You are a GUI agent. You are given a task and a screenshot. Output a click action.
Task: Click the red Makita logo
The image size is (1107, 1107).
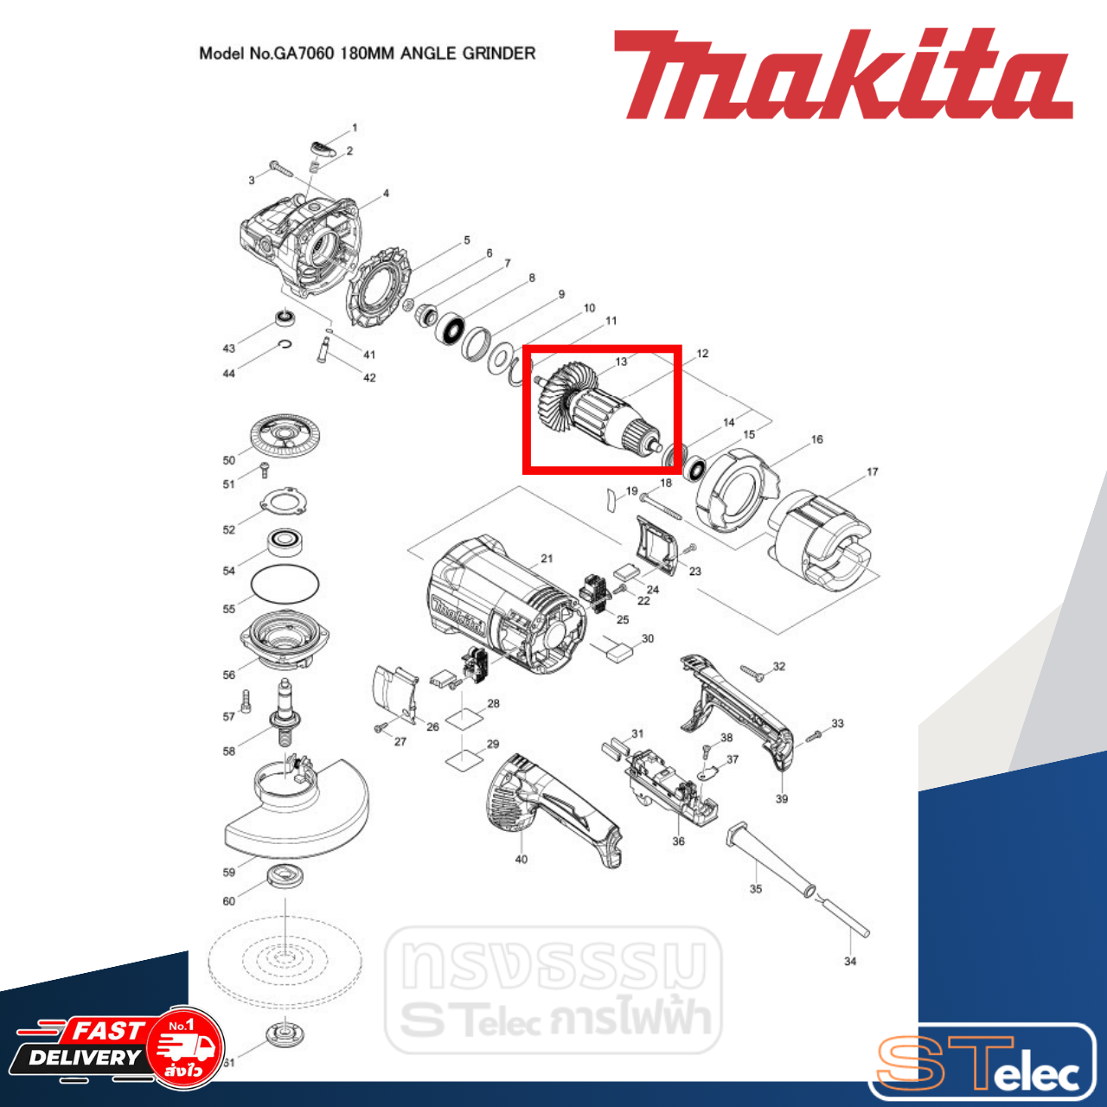[x=843, y=75]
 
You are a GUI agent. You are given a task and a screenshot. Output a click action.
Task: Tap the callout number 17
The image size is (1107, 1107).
[x=872, y=472]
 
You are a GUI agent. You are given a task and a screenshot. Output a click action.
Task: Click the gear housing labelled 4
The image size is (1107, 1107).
[x=298, y=242]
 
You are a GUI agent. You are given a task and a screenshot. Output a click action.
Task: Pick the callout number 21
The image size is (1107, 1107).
[x=547, y=559]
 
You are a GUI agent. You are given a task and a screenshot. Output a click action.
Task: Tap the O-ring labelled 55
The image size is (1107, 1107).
[x=285, y=584]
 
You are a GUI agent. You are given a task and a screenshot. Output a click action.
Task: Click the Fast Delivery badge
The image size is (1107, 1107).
[x=117, y=1047]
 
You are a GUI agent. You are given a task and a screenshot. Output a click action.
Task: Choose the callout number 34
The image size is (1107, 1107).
[x=850, y=961]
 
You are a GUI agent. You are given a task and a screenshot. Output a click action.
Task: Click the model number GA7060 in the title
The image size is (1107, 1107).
[x=304, y=54]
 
